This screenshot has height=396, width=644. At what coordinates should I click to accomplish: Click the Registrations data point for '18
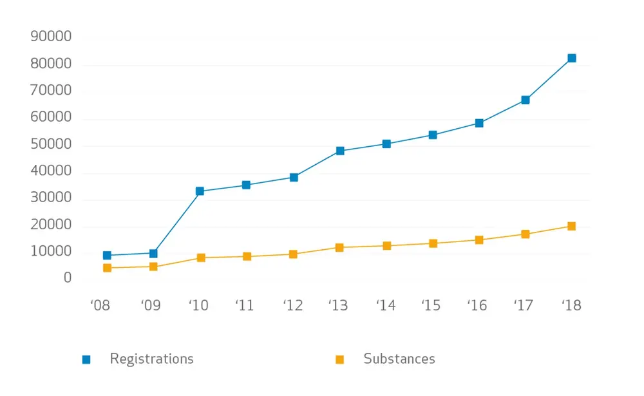tap(571, 58)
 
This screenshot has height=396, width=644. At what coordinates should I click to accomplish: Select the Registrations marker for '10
tap(200, 191)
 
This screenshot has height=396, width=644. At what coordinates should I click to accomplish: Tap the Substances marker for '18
tap(571, 226)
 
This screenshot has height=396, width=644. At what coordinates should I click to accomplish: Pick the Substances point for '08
tap(107, 268)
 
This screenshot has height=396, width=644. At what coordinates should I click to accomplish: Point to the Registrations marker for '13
tap(340, 151)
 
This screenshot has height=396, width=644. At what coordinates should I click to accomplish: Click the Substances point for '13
tap(340, 247)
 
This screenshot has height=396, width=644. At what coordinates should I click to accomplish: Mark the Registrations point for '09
tap(153, 253)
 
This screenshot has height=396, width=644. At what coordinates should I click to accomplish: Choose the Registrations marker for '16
tap(479, 123)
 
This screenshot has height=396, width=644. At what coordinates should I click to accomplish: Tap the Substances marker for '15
tap(433, 243)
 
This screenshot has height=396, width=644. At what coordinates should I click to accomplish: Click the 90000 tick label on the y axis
tap(51, 37)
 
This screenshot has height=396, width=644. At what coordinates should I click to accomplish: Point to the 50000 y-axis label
tap(51, 145)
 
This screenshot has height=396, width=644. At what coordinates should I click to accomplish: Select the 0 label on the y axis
tap(67, 278)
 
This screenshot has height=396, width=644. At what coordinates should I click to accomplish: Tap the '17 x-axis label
tap(524, 305)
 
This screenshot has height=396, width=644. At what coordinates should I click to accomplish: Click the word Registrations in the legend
tap(151, 359)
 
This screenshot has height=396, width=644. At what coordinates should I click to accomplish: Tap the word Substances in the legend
tap(399, 359)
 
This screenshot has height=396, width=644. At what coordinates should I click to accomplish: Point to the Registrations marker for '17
tap(526, 100)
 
